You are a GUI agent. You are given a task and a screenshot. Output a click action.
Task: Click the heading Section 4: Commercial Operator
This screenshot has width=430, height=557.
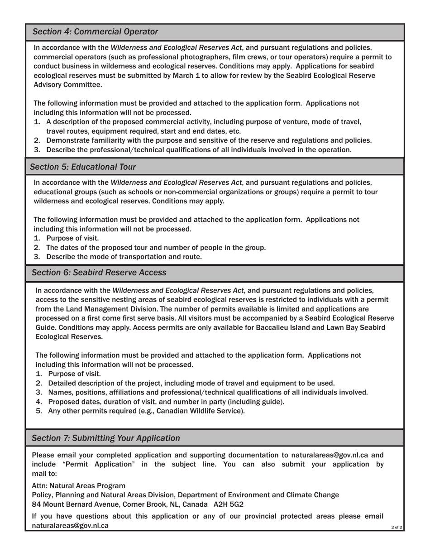96,32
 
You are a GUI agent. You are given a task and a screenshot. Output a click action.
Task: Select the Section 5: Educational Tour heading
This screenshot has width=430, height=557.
83,167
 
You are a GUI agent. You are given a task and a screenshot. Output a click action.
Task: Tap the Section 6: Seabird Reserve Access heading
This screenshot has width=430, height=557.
99,273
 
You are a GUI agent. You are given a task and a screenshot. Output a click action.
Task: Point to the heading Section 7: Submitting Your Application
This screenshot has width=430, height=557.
106,438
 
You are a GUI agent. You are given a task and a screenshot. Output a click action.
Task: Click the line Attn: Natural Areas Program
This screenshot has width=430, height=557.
79,486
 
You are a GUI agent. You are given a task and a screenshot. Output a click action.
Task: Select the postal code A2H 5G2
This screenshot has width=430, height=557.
229,504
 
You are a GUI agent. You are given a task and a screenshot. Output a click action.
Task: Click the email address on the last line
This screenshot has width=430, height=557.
70,526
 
